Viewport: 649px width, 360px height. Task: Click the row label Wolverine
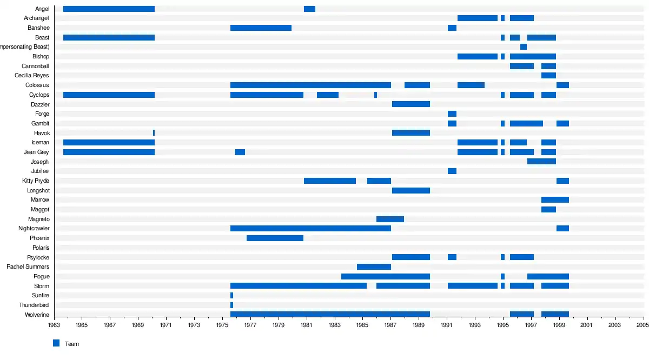coord(37,315)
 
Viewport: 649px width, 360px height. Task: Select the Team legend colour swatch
coord(56,343)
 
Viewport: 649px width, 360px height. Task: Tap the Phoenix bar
coord(275,238)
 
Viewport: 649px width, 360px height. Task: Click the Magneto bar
coord(390,219)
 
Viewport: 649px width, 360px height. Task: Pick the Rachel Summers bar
coord(374,266)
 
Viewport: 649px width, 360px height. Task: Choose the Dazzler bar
coord(411,104)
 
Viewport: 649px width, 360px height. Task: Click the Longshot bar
coord(411,190)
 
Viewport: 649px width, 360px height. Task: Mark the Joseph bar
coord(541,162)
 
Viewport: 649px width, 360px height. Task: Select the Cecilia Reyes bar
coord(548,75)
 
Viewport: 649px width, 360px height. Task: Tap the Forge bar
coord(452,114)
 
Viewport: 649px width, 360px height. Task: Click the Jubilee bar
coord(452,171)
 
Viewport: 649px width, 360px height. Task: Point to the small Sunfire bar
coord(231,296)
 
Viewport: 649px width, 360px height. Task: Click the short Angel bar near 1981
coord(309,9)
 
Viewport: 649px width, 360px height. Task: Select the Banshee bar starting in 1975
coord(261,28)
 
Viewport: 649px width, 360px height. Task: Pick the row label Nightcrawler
coord(34,229)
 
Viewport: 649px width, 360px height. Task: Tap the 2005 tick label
coord(643,325)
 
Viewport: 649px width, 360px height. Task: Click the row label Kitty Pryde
coord(36,181)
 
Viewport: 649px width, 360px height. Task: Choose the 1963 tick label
coord(54,325)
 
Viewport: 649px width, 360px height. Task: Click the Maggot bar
coord(548,209)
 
